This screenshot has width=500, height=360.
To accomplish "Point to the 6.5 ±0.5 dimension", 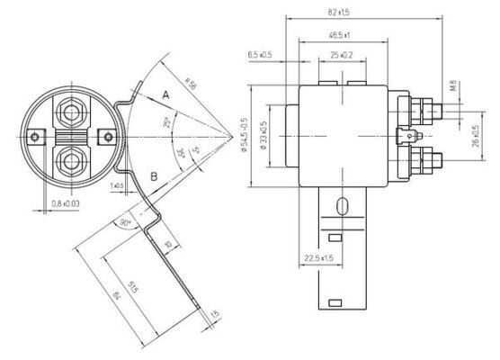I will (260, 55).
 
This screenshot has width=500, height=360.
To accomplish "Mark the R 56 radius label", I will (190, 84).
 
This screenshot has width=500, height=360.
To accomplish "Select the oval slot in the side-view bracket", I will (341, 208).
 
